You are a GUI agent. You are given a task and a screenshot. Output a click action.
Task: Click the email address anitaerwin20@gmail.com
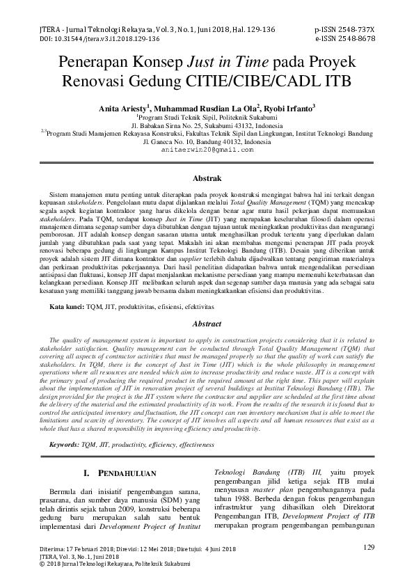click(207, 150)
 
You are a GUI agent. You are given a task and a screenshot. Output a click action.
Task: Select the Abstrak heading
click(207, 179)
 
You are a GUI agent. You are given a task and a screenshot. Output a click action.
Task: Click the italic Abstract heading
click(207, 324)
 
